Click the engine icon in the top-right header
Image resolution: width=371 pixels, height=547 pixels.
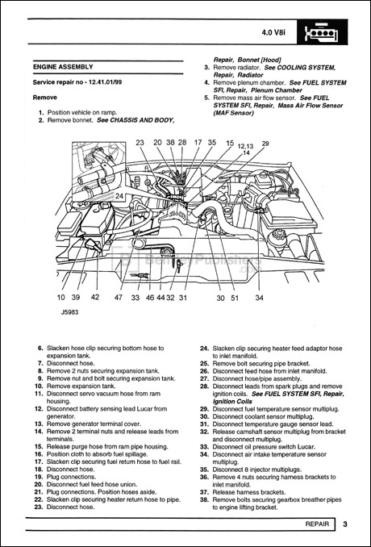click(x=320, y=34)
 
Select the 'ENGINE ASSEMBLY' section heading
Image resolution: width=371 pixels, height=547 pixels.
click(x=63, y=67)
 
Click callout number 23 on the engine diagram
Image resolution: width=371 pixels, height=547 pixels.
click(x=140, y=143)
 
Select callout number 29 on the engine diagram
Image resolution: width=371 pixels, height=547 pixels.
click(x=265, y=143)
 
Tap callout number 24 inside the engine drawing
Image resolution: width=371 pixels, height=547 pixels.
click(x=119, y=196)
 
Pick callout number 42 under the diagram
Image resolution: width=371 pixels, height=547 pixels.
click(x=94, y=298)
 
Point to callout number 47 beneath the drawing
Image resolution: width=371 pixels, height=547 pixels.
click(x=119, y=298)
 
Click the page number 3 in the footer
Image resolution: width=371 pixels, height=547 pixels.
click(x=344, y=525)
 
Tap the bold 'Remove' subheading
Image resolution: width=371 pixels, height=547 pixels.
click(x=45, y=97)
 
